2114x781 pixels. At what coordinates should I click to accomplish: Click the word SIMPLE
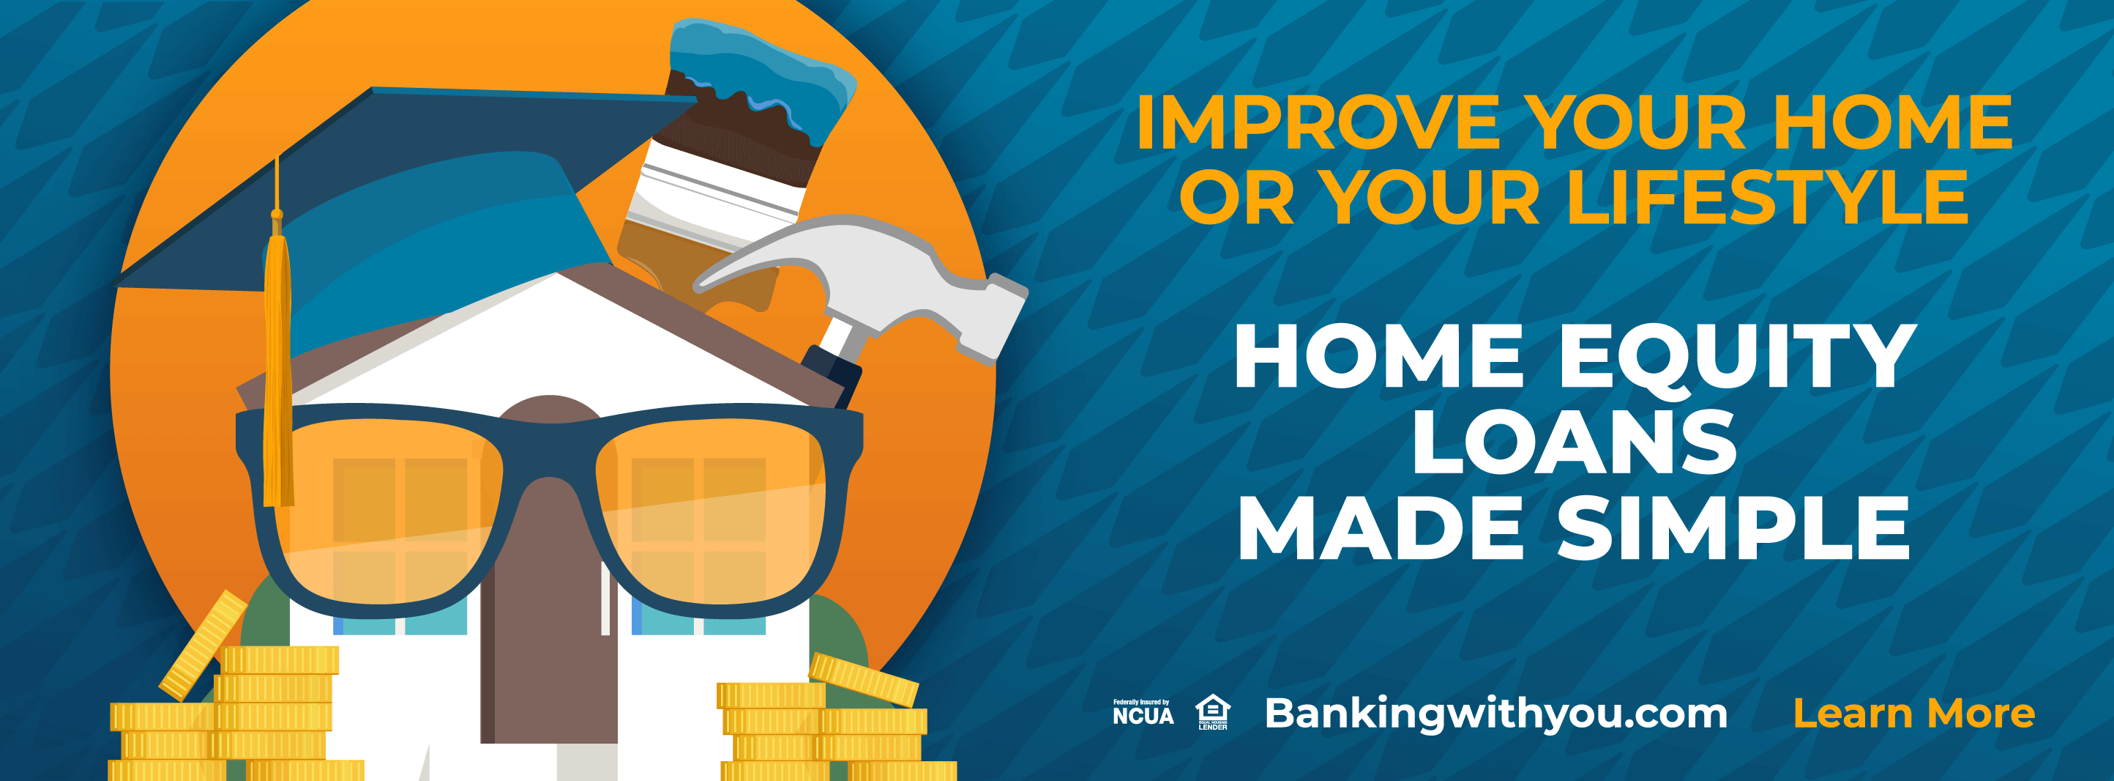[1733, 528]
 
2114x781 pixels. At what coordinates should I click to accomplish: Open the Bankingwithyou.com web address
[1496, 713]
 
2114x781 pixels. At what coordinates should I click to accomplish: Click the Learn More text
[1913, 713]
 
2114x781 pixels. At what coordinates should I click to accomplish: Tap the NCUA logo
[1143, 712]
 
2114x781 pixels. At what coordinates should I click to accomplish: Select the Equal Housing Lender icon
[1212, 712]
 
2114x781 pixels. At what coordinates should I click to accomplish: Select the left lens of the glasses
[386, 509]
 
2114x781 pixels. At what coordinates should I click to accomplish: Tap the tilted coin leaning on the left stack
[203, 645]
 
